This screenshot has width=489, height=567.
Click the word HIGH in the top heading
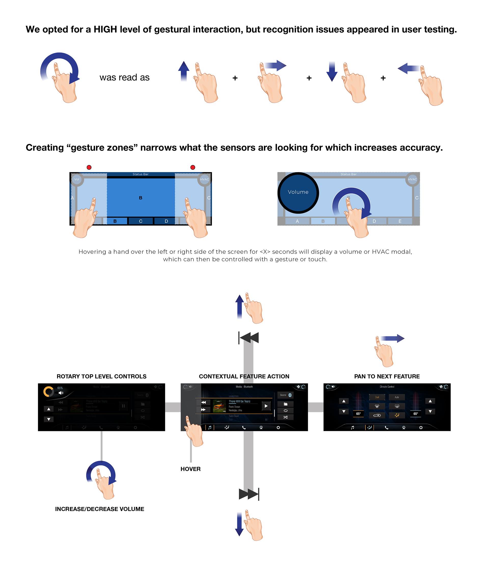tap(105, 30)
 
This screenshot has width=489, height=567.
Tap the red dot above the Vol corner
tap(89, 167)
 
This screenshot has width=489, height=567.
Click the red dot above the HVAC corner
tap(193, 167)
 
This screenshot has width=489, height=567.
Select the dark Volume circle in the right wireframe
tap(298, 193)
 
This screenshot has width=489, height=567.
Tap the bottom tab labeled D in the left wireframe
tap(166, 221)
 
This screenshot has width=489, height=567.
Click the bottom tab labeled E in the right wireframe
tap(400, 221)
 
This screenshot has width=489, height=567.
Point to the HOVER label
tap(190, 469)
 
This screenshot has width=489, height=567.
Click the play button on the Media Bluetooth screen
tap(266, 406)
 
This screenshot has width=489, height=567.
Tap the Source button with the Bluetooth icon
tap(285, 395)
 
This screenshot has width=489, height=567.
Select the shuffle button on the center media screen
tap(285, 417)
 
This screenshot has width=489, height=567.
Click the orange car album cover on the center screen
tap(219, 406)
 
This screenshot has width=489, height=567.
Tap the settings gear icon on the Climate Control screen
tap(420, 427)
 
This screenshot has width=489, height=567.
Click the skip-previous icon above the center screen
tap(249, 338)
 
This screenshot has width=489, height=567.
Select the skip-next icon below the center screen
tap(249, 494)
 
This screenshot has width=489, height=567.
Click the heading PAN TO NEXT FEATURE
tap(387, 377)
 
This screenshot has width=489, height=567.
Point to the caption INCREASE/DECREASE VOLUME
tap(99, 509)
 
